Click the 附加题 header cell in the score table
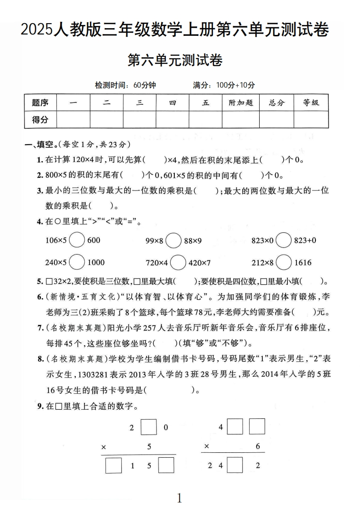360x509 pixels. (x=241, y=103)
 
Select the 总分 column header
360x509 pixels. (x=276, y=103)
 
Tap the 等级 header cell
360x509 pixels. (x=311, y=103)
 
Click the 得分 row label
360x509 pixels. (x=40, y=119)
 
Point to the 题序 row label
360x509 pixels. (x=40, y=103)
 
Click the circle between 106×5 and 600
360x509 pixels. (x=77, y=240)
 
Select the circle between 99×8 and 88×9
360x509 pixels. (x=173, y=240)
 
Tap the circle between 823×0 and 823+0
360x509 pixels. (x=284, y=240)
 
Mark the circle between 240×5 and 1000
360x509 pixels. (x=77, y=262)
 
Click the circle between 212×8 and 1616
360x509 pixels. (x=284, y=262)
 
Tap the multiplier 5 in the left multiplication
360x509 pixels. (x=149, y=447)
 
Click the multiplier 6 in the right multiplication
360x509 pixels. (x=258, y=447)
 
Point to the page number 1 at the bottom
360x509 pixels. (x=179, y=499)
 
